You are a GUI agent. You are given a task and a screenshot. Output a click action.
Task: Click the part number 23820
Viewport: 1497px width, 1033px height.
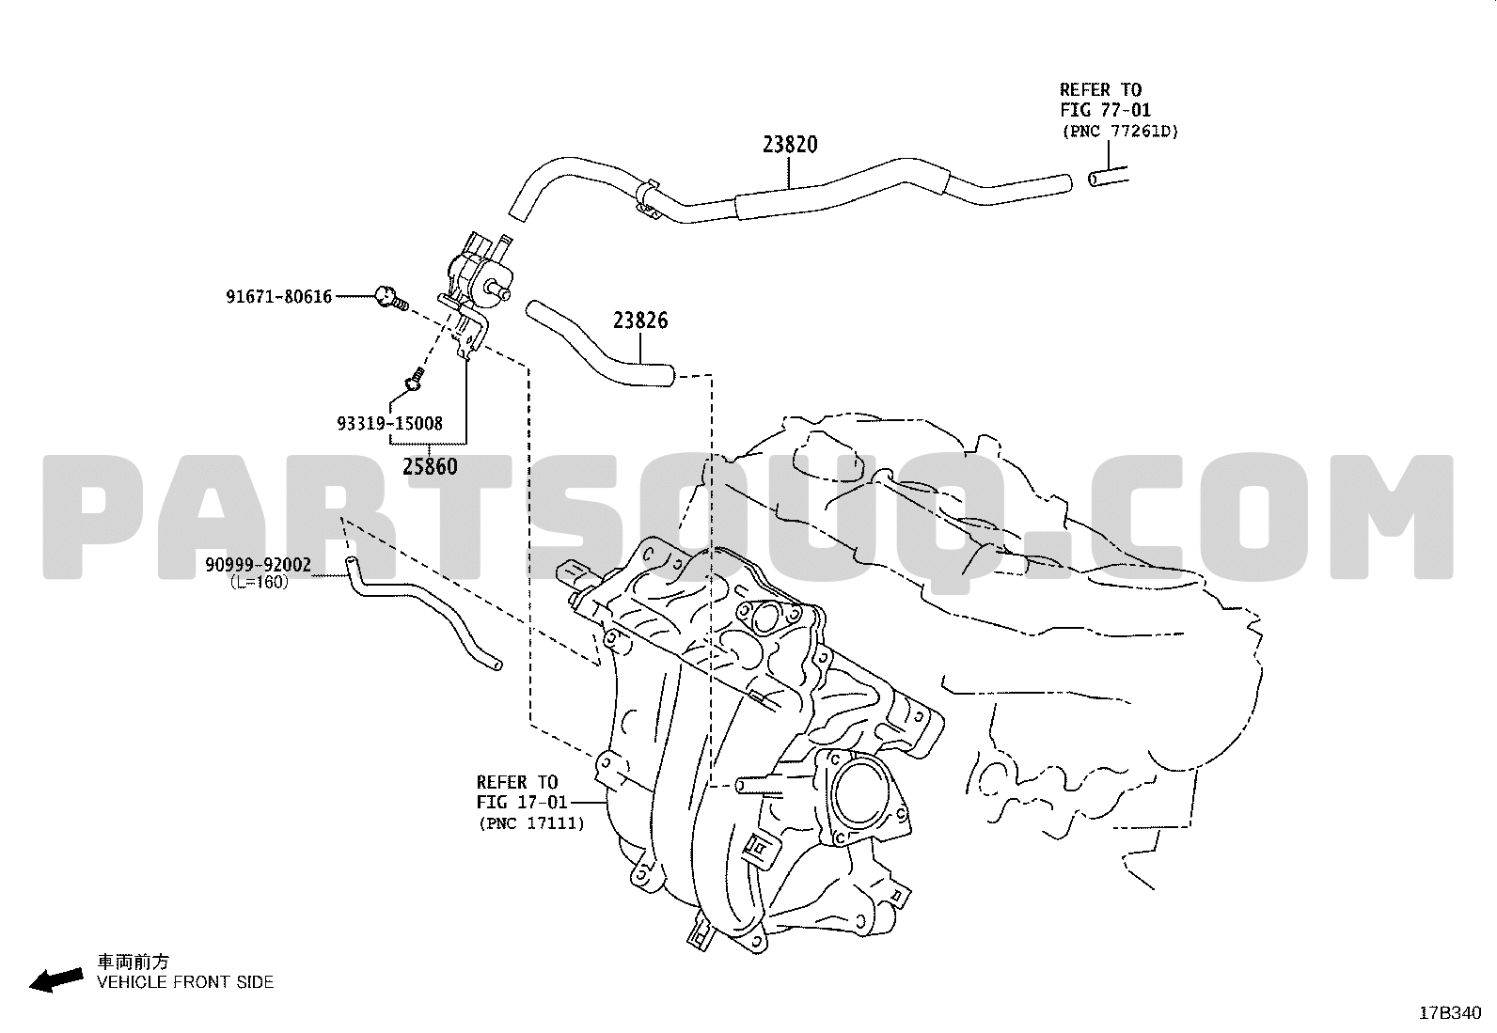pos(790,145)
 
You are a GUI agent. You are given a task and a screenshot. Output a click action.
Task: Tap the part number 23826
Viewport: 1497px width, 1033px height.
pos(640,321)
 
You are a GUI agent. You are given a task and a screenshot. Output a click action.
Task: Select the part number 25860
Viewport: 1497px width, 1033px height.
pos(430,466)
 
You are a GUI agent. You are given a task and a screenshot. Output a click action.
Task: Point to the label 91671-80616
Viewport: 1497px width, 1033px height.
pos(278,297)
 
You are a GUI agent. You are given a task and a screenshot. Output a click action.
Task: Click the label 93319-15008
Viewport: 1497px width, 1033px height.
pos(389,424)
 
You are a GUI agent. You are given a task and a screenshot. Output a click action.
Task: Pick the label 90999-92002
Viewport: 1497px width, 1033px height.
pos(258,565)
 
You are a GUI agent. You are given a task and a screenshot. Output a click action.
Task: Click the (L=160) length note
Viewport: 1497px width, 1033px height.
pos(260,583)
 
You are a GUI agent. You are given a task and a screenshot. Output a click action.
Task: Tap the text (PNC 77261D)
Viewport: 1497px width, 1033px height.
pos(1121,132)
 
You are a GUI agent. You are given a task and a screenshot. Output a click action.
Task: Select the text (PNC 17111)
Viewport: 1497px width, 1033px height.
pos(532,823)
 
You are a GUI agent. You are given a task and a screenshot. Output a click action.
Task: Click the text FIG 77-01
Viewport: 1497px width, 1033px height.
pos(1106,110)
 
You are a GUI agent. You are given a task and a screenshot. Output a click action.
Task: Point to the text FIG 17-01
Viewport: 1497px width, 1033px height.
pos(522,802)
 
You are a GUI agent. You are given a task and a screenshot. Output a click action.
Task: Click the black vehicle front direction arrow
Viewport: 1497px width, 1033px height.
pos(56,980)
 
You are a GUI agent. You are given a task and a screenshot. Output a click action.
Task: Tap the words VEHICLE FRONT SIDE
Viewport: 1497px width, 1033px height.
pos(185,982)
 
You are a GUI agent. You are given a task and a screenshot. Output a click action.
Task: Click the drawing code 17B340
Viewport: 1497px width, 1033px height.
pos(1450,1013)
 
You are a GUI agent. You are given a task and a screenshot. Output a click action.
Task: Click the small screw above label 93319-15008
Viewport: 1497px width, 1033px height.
pos(415,379)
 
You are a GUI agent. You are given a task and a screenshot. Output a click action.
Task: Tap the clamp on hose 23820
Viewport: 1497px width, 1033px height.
pos(646,197)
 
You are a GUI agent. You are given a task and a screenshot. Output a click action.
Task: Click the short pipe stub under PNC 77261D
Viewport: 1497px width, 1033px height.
pos(1108,178)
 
